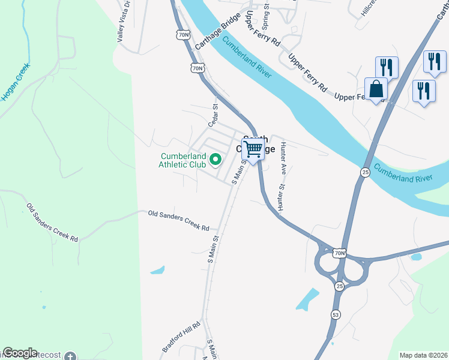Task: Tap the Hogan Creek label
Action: (15, 83)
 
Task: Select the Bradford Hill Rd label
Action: (179, 340)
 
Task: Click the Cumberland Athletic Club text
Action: (182, 160)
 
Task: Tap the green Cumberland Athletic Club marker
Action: (215, 160)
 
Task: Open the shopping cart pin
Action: (253, 148)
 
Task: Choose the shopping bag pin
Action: (376, 89)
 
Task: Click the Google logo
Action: (20, 353)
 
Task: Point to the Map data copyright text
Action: (424, 355)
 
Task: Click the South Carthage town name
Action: (255, 144)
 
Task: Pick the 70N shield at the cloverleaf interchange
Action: (340, 253)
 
